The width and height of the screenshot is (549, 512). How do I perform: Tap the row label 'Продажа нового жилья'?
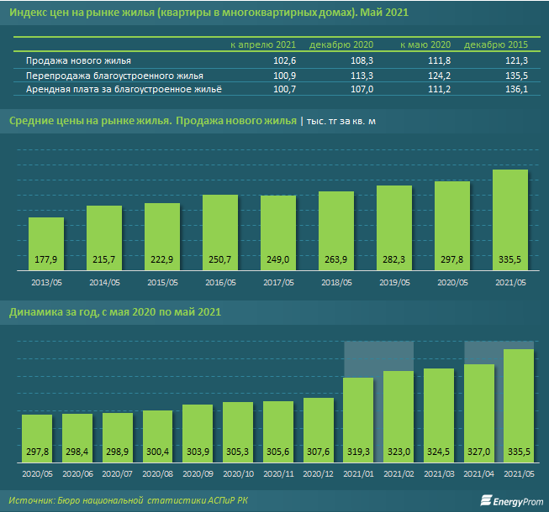(x=78, y=61)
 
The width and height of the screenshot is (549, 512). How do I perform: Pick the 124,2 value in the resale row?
(x=437, y=75)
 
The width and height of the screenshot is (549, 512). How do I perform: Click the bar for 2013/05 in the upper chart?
(x=46, y=243)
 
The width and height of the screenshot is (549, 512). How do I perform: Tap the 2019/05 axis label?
(x=394, y=283)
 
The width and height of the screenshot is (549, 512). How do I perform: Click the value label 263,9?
(x=336, y=258)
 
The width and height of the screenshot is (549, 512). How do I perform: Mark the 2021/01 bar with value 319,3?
(x=359, y=420)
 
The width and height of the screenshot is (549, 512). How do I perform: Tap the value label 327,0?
(x=479, y=452)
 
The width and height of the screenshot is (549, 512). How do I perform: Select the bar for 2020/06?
(x=77, y=436)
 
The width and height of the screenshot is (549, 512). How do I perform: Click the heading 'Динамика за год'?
(x=50, y=313)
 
